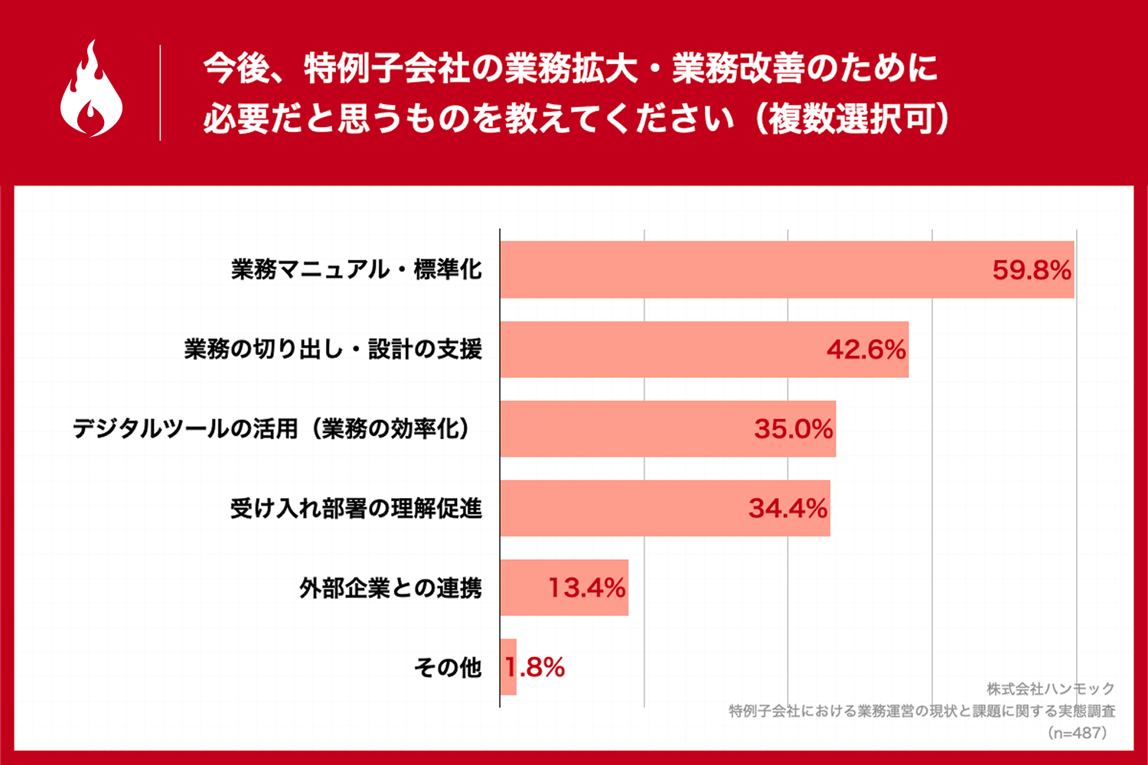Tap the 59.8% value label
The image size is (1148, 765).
pos(1031,270)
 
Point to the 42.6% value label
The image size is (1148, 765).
pos(866,350)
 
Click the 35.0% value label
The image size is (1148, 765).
pos(793,429)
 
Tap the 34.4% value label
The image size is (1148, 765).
pos(788,509)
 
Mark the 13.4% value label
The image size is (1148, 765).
pos(586,588)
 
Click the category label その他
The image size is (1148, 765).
pos(448,667)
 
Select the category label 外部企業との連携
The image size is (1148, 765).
pos(390,588)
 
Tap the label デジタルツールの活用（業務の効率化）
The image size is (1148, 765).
pos(271,428)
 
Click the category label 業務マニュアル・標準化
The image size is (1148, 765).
pos(357,269)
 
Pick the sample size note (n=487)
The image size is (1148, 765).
pos(1077,733)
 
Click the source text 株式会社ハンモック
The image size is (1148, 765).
pos(1050,689)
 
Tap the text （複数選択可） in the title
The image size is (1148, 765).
pos(851,119)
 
